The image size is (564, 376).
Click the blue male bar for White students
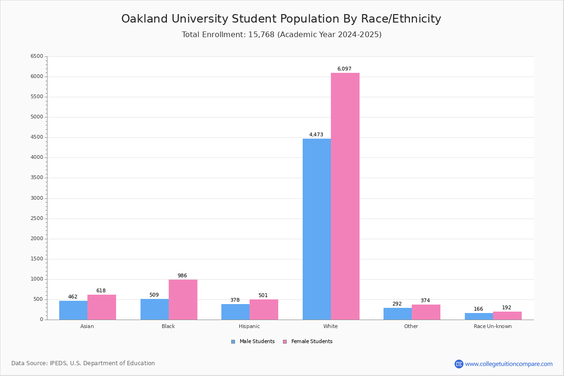[316, 229]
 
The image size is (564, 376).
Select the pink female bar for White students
[345, 196]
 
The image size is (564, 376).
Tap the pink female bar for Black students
[183, 300]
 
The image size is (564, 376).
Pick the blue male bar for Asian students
[73, 310]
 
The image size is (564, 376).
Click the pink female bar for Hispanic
[264, 310]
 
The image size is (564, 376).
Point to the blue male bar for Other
[398, 314]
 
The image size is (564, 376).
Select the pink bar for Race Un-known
[507, 316]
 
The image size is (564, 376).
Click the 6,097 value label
[344, 69]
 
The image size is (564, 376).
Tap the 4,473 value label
[316, 135]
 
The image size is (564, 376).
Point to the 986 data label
[182, 276]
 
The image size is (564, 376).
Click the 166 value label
[478, 309]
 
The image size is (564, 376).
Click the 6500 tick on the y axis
[37, 56]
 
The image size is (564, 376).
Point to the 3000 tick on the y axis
[37, 198]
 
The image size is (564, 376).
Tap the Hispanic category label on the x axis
[249, 326]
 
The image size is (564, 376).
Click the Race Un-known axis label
[493, 326]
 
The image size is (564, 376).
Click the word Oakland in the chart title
[143, 19]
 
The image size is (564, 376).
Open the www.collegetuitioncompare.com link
[509, 364]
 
